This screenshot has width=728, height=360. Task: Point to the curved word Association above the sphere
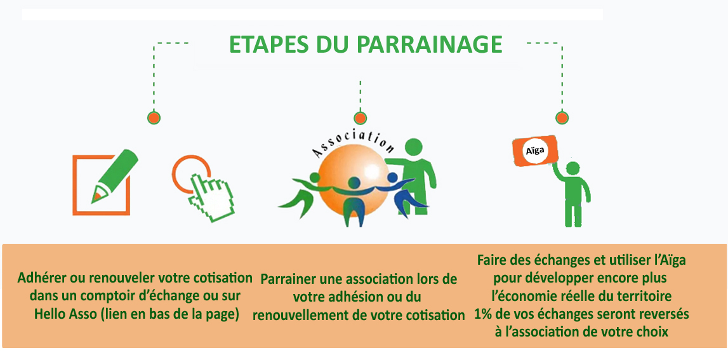353,143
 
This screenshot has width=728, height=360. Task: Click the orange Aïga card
534,152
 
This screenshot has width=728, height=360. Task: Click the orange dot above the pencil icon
153,117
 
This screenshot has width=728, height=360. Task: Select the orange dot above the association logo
360,117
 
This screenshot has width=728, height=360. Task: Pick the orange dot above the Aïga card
561,117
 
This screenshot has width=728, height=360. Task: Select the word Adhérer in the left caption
43,278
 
